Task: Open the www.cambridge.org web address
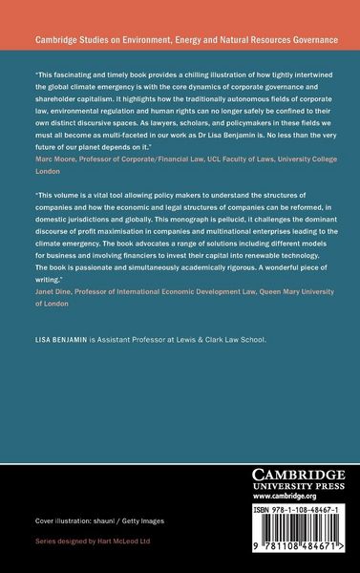[x=293, y=497]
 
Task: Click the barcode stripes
[x=293, y=540]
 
